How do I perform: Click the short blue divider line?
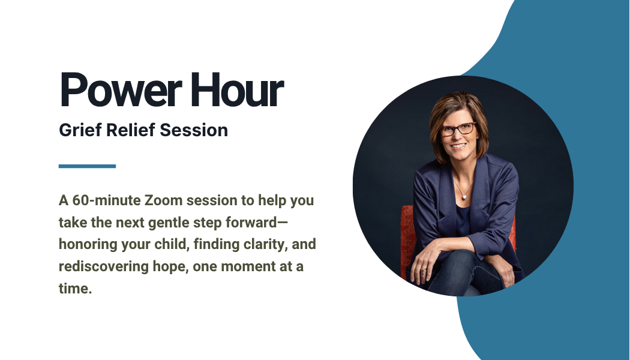coord(87,166)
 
